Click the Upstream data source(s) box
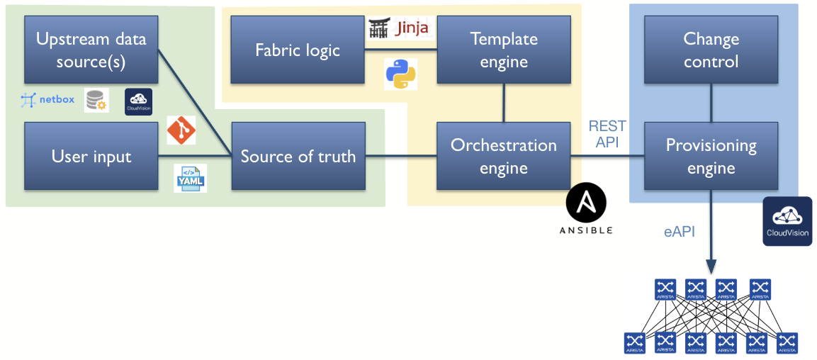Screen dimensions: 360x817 point(91,50)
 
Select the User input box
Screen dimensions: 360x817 point(91,156)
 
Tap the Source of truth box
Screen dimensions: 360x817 point(298,156)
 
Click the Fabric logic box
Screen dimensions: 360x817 point(298,50)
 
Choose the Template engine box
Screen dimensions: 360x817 point(504,50)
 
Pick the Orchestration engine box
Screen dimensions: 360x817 point(504,156)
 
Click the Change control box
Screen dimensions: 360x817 point(711,50)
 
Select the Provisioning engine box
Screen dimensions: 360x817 point(711,156)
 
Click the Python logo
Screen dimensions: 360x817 point(400,74)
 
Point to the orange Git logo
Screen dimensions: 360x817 point(181,130)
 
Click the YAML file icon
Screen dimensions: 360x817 point(191,179)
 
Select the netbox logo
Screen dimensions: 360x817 point(47,100)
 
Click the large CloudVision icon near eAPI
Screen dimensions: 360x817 point(787,220)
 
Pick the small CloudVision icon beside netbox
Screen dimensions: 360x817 point(138,101)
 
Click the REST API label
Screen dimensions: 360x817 point(607,133)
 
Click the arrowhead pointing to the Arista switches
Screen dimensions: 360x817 point(711,269)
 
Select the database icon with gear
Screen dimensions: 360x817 point(96,101)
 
